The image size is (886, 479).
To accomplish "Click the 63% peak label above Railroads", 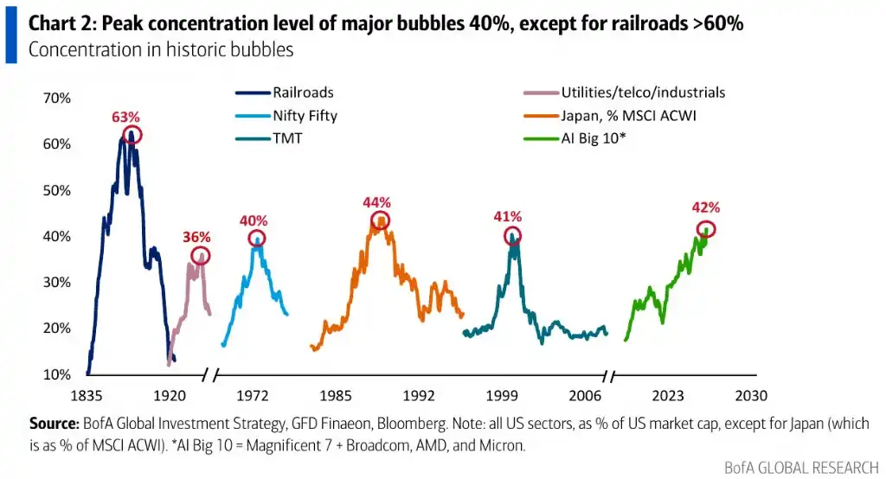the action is tap(125, 117).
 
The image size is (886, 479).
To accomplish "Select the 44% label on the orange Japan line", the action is tap(377, 202).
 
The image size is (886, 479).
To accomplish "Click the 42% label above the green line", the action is tap(706, 208).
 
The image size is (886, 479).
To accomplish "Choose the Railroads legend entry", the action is tap(285, 92).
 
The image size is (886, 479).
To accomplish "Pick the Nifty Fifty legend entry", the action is tap(286, 115).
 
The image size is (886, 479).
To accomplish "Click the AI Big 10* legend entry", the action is tap(575, 138).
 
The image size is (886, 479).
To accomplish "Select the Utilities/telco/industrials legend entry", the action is tap(625, 92).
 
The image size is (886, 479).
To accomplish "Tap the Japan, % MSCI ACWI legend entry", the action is tap(610, 115).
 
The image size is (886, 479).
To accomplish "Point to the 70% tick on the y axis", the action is tap(56, 99).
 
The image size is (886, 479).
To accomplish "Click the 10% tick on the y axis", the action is tap(56, 374).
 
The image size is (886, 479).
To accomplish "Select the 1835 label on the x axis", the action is tap(87, 396).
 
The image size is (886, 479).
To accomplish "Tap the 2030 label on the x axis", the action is tap(751, 396).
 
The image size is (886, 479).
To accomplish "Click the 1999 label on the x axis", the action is tap(502, 396).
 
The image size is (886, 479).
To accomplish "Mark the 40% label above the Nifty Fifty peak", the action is tap(254, 220).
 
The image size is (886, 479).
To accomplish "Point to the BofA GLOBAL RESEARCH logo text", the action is tap(801, 468).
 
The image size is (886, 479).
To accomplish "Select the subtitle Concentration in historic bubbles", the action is tap(161, 49).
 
